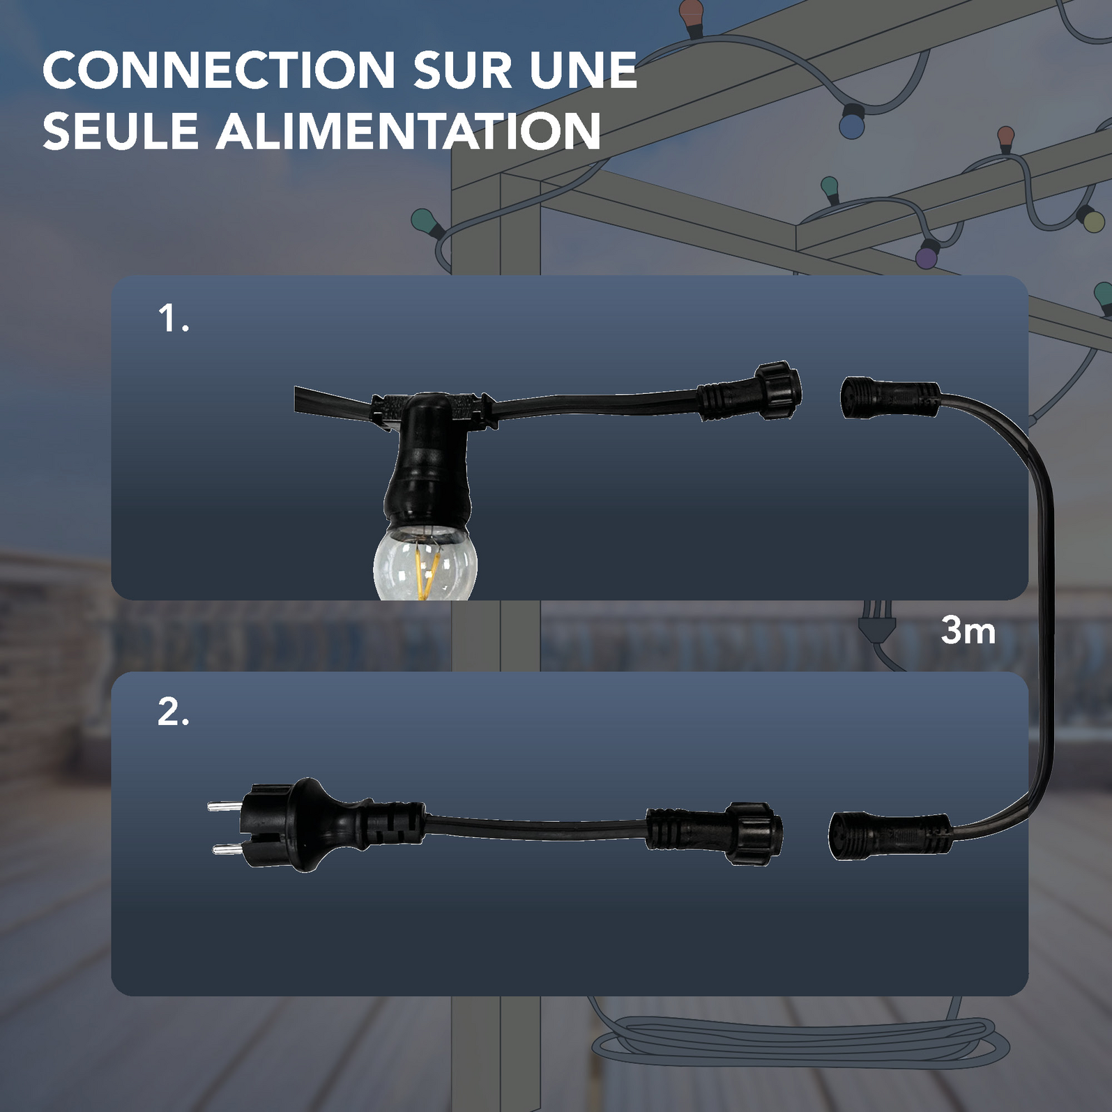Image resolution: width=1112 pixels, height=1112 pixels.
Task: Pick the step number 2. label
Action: click(x=173, y=712)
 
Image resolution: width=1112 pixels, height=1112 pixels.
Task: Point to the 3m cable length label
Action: click(x=968, y=630)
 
